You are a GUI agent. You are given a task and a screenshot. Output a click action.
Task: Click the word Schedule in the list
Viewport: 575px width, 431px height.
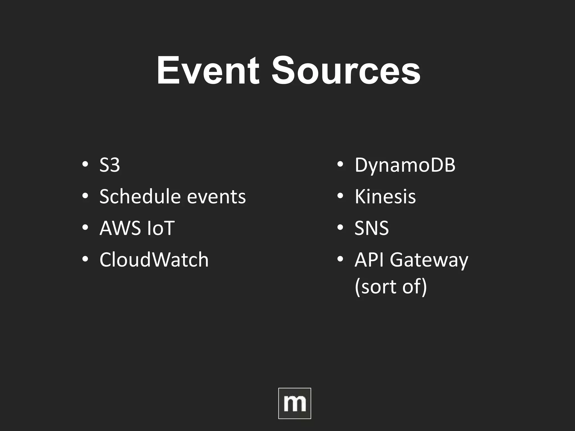pos(140,196)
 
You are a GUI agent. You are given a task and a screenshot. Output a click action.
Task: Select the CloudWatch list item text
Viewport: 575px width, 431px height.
pos(154,260)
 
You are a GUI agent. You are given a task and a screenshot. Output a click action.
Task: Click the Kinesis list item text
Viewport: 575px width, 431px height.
pos(385,196)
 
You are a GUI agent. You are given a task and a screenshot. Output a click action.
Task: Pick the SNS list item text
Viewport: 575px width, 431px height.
pos(371,228)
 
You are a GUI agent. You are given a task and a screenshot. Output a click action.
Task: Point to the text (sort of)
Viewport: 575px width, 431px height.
pos(391,287)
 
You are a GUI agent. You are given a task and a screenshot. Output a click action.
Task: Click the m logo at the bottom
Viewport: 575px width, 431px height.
pos(295,403)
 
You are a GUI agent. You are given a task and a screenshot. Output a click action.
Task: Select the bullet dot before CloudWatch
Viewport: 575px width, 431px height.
pos(85,258)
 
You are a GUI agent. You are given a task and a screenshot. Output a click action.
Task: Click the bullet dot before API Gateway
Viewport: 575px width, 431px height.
pos(340,258)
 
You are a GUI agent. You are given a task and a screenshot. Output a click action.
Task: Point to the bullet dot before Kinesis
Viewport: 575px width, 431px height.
pos(340,196)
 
